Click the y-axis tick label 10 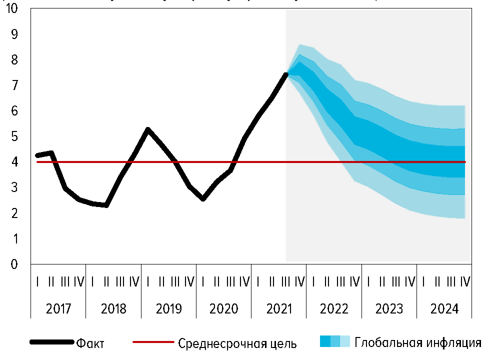(11, 9)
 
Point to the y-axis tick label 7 (14, 85)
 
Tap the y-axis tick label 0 (14, 264)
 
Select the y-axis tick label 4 (14, 162)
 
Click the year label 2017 (58, 309)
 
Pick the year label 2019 (169, 309)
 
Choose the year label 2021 (279, 309)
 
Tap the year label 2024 (444, 309)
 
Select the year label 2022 (334, 309)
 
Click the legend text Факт (90, 343)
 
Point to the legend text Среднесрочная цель (237, 343)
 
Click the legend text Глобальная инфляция (418, 342)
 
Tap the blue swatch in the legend (334, 341)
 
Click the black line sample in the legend (52, 342)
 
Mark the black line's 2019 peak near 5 (148, 129)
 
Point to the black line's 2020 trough (203, 198)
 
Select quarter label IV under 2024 (465, 282)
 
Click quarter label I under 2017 (38, 282)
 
